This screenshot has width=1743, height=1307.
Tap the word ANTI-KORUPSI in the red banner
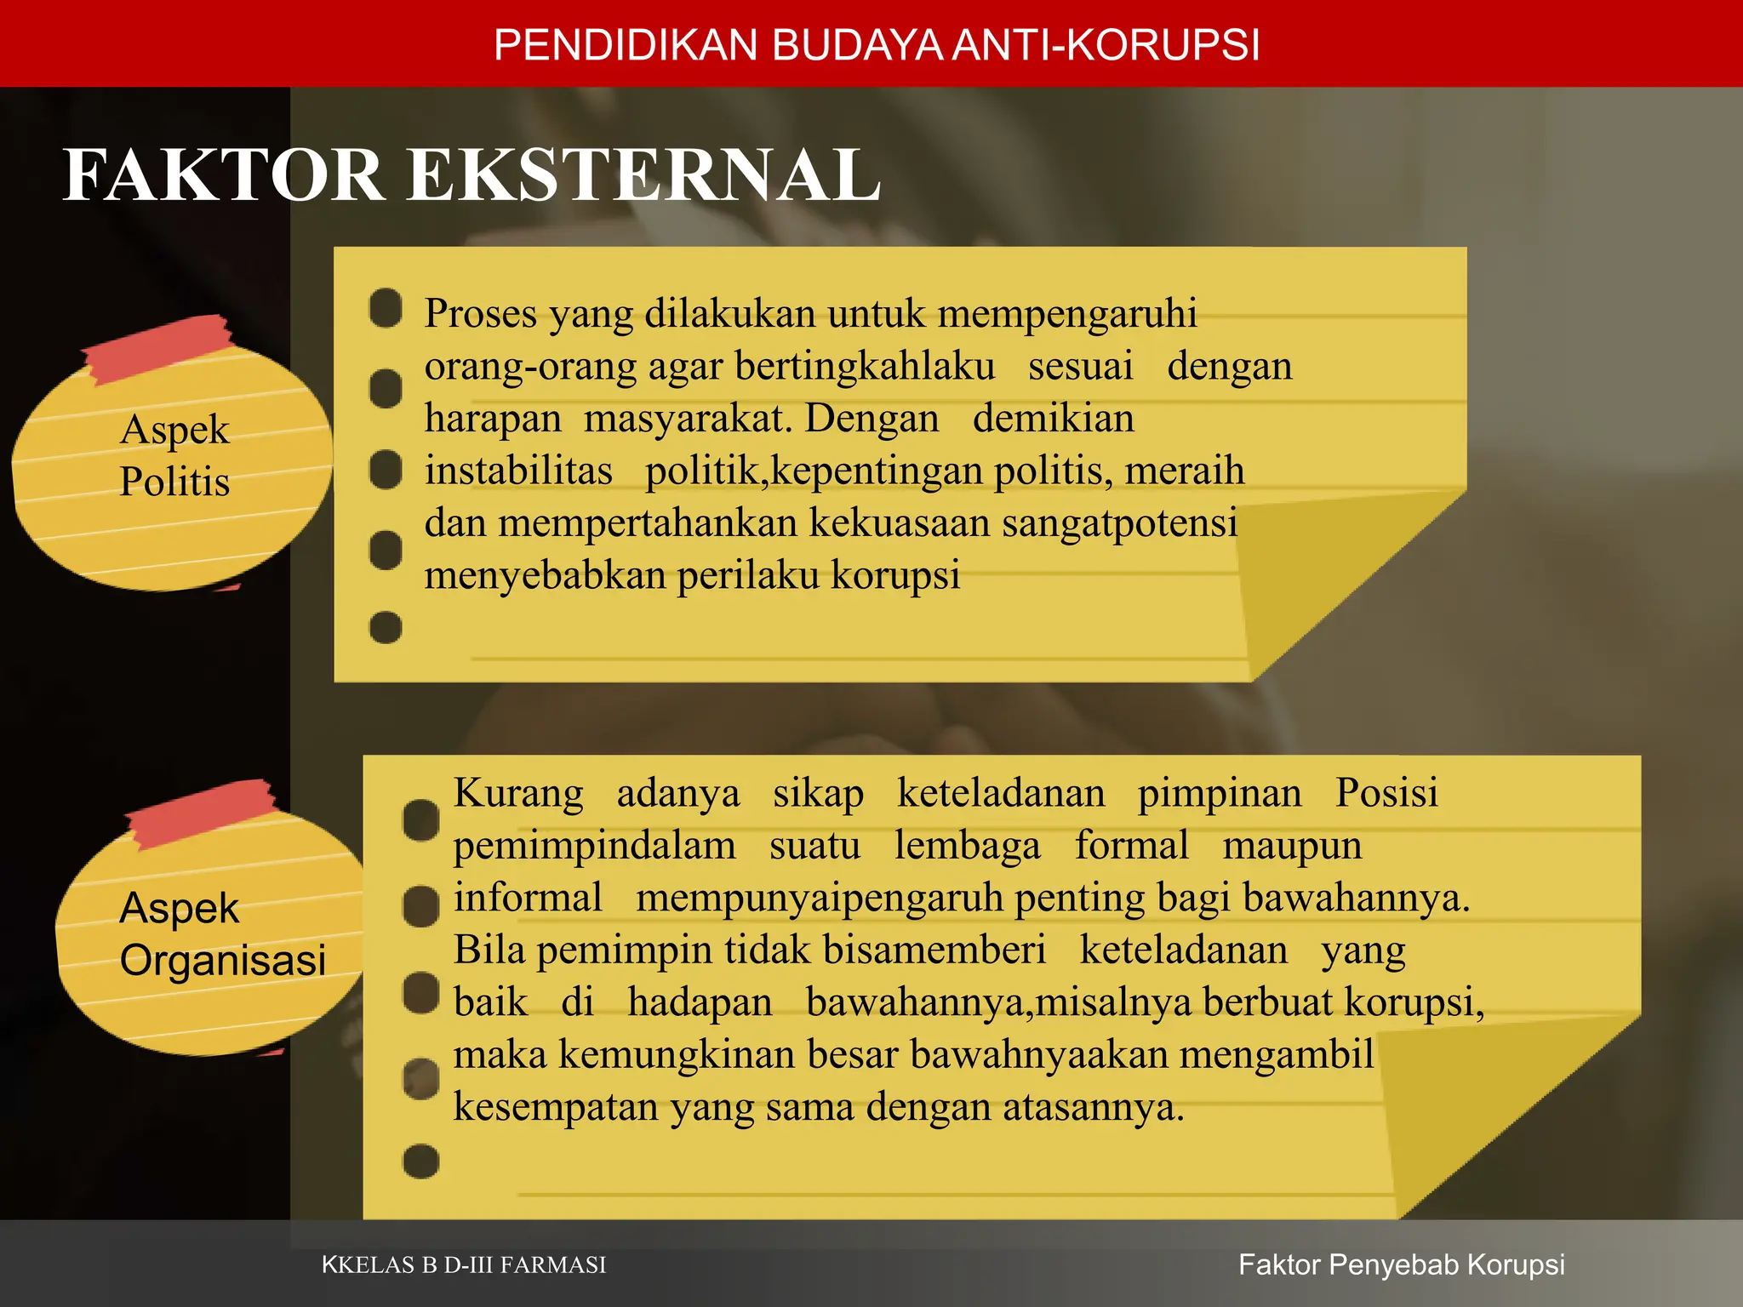pos(1106,45)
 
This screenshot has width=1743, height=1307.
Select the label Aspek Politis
pos(174,455)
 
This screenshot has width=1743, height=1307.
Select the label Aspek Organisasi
pos(221,933)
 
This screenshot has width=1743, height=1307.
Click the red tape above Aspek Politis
pos(158,347)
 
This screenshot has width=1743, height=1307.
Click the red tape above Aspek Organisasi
pos(201,813)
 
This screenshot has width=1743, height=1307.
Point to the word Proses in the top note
pos(481,313)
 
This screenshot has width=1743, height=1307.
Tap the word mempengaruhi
pos(1067,313)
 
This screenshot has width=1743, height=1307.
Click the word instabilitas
pos(518,471)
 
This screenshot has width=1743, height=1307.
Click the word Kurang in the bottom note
pos(518,793)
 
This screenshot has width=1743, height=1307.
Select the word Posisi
pos(1386,793)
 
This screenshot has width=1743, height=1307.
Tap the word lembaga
pos(967,846)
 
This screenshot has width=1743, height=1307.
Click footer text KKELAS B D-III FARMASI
pos(464,1265)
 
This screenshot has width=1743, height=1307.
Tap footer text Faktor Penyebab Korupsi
pos(1401,1265)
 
